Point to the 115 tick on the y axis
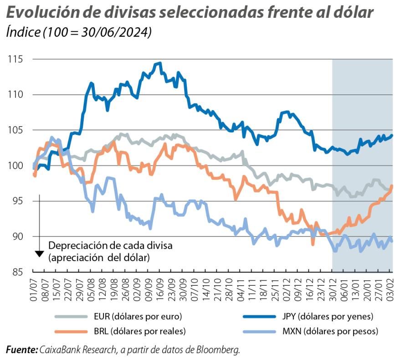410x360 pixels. click(x=15, y=59)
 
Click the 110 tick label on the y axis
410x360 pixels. click(x=15, y=95)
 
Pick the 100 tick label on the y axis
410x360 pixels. click(x=15, y=165)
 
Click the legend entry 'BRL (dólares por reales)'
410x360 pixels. click(x=139, y=331)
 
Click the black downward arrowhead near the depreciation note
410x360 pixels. click(x=40, y=253)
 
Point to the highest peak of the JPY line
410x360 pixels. click(x=159, y=63)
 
